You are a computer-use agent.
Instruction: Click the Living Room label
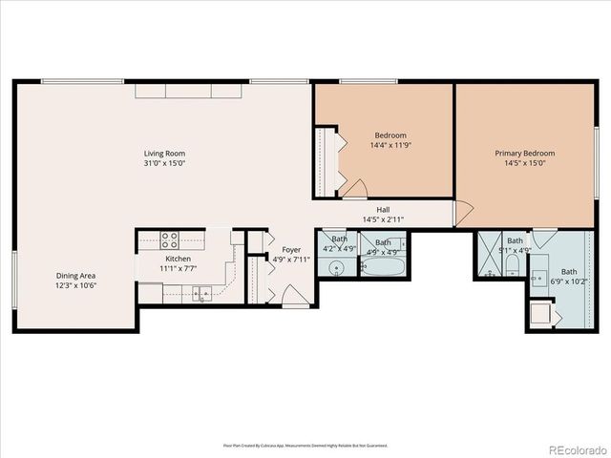click(164, 153)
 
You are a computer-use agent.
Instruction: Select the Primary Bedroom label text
click(524, 153)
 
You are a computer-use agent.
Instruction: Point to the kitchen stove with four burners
click(171, 239)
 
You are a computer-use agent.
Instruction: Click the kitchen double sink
click(200, 292)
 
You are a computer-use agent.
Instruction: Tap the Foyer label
click(290, 249)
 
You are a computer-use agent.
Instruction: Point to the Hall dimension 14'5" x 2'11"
click(382, 219)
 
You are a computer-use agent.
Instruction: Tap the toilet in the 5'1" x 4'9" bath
click(512, 266)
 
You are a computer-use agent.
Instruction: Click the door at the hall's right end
click(463, 215)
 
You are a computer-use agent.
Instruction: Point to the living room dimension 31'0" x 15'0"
click(164, 163)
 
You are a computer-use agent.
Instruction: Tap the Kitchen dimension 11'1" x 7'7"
click(178, 269)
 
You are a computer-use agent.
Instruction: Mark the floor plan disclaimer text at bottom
click(305, 445)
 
